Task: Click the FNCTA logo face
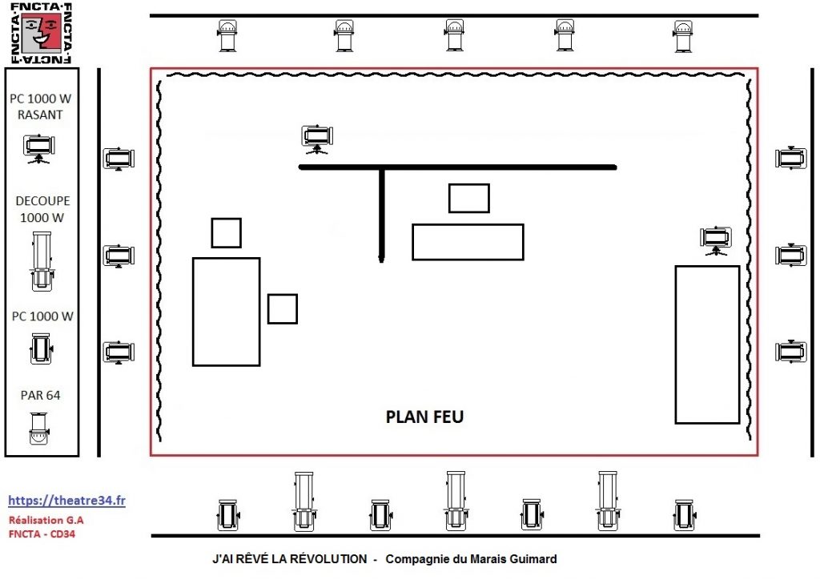click(42, 32)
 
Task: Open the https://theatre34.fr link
click(67, 501)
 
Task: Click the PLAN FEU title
click(424, 417)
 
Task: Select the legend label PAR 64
click(40, 396)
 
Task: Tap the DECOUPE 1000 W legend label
click(42, 209)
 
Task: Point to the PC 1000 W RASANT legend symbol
click(38, 149)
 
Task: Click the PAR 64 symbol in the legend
click(39, 429)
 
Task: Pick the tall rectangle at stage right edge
click(707, 344)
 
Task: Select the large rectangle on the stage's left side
click(227, 312)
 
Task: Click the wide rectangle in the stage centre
click(468, 242)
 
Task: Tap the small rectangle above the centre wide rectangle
click(469, 198)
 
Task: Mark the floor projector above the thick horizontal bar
click(317, 139)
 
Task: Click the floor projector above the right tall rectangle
click(715, 240)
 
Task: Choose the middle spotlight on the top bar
click(454, 35)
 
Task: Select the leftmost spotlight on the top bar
click(227, 35)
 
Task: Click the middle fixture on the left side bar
click(119, 256)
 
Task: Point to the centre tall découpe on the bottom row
click(456, 501)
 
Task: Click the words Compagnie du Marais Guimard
click(471, 559)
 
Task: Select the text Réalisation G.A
click(46, 521)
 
